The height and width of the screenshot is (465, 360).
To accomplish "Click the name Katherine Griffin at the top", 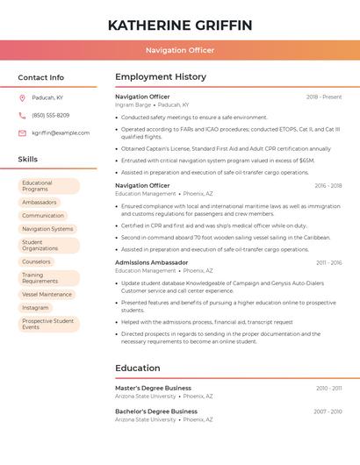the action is click(x=180, y=25).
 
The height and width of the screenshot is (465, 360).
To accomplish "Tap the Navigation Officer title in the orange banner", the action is click(x=180, y=50).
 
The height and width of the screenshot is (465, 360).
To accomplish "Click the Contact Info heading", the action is click(x=41, y=77).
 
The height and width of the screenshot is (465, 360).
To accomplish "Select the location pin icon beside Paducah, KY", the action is click(x=22, y=97).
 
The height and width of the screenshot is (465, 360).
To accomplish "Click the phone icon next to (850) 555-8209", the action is click(x=22, y=115).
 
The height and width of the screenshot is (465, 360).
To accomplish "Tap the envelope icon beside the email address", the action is click(x=22, y=132).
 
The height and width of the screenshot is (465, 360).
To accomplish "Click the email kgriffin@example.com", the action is click(x=61, y=132).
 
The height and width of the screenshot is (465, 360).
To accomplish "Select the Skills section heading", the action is click(x=28, y=159).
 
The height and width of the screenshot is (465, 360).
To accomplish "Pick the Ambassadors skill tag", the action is click(x=40, y=202).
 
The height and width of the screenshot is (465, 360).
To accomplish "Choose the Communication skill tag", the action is click(x=43, y=215).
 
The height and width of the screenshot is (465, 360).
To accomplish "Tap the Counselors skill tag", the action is click(x=37, y=261).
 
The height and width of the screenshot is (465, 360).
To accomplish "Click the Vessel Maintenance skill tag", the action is click(x=47, y=294).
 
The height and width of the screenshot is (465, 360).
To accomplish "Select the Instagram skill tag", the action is click(x=36, y=307).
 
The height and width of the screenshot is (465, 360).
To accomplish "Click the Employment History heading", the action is click(x=161, y=77).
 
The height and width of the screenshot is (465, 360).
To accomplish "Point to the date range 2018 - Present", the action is click(x=324, y=97).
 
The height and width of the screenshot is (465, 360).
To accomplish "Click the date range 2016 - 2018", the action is click(x=328, y=185).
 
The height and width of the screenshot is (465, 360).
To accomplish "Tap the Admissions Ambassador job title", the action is click(x=151, y=262).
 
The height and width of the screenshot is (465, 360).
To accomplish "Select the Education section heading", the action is click(x=138, y=368).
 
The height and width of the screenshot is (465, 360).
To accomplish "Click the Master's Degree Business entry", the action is click(x=153, y=388).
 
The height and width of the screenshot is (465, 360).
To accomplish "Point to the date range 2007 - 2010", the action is click(x=328, y=411).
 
